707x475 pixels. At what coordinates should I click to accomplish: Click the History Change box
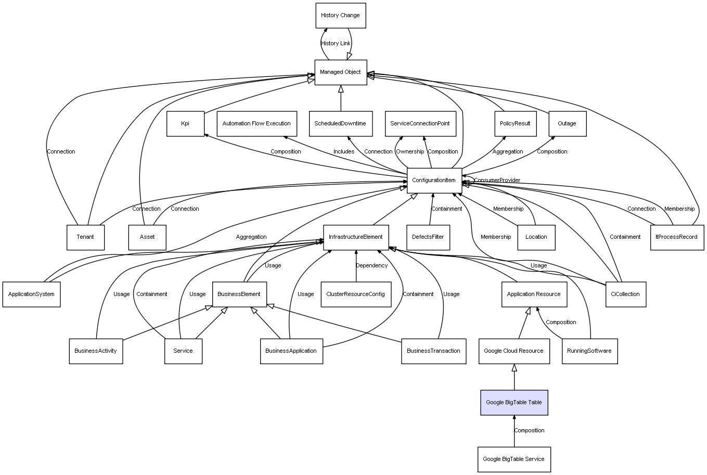point(341,16)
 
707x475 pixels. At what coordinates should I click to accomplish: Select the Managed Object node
point(341,72)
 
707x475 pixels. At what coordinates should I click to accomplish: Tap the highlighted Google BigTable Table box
point(514,402)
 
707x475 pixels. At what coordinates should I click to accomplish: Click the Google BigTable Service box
point(514,459)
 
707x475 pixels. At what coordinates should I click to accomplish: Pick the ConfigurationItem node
point(434,181)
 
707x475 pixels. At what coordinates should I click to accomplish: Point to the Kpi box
point(186,124)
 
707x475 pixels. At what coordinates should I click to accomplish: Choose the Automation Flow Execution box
point(257,124)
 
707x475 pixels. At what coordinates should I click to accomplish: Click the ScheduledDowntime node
point(341,124)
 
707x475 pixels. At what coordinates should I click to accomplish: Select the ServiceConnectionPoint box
point(420,124)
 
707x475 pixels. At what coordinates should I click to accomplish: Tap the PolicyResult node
point(516,124)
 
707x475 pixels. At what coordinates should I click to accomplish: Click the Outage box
point(568,124)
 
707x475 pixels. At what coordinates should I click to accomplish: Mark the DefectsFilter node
point(428,237)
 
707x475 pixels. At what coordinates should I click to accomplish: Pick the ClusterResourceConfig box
point(356,294)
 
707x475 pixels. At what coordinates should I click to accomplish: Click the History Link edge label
point(336,44)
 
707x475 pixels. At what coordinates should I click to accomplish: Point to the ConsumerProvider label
point(497,180)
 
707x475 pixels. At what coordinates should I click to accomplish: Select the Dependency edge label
point(372,265)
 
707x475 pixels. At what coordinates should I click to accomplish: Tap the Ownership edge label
point(410,151)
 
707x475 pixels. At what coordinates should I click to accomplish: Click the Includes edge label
point(344,151)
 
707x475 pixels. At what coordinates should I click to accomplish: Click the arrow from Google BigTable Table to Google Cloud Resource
point(514,377)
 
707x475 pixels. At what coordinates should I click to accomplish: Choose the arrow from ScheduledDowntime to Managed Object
point(341,98)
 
